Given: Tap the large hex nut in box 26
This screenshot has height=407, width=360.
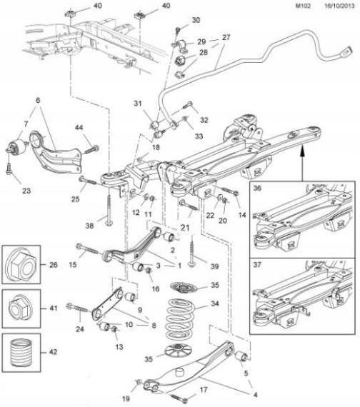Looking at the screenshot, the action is click(x=21, y=265).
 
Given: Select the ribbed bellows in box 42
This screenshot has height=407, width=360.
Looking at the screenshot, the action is click(x=21, y=353).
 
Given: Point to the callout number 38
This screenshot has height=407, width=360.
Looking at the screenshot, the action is click(x=89, y=226).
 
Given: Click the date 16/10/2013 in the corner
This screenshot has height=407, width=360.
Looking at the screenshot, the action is click(x=339, y=6).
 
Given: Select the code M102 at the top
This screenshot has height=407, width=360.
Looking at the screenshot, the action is click(x=303, y=6).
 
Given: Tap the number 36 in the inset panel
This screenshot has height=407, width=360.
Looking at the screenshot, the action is click(x=257, y=188).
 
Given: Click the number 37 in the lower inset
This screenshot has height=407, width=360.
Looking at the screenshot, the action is click(x=257, y=265).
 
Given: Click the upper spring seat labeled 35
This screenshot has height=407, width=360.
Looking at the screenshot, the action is click(x=184, y=287).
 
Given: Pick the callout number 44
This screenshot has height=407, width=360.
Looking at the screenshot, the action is click(x=79, y=127).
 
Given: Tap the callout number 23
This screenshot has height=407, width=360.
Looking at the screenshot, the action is click(x=26, y=191).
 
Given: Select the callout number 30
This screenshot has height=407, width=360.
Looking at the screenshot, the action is click(x=196, y=20).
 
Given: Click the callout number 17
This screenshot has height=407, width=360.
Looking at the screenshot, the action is click(x=204, y=390).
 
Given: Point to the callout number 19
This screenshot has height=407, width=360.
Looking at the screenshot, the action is click(x=126, y=398).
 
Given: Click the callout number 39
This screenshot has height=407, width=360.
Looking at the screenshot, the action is click(x=214, y=266).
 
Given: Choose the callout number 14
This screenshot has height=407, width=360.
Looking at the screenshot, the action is click(x=242, y=215).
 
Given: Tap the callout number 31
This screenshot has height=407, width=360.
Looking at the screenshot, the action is click(x=138, y=104).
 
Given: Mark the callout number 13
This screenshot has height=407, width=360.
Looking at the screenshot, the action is click(x=119, y=346).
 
